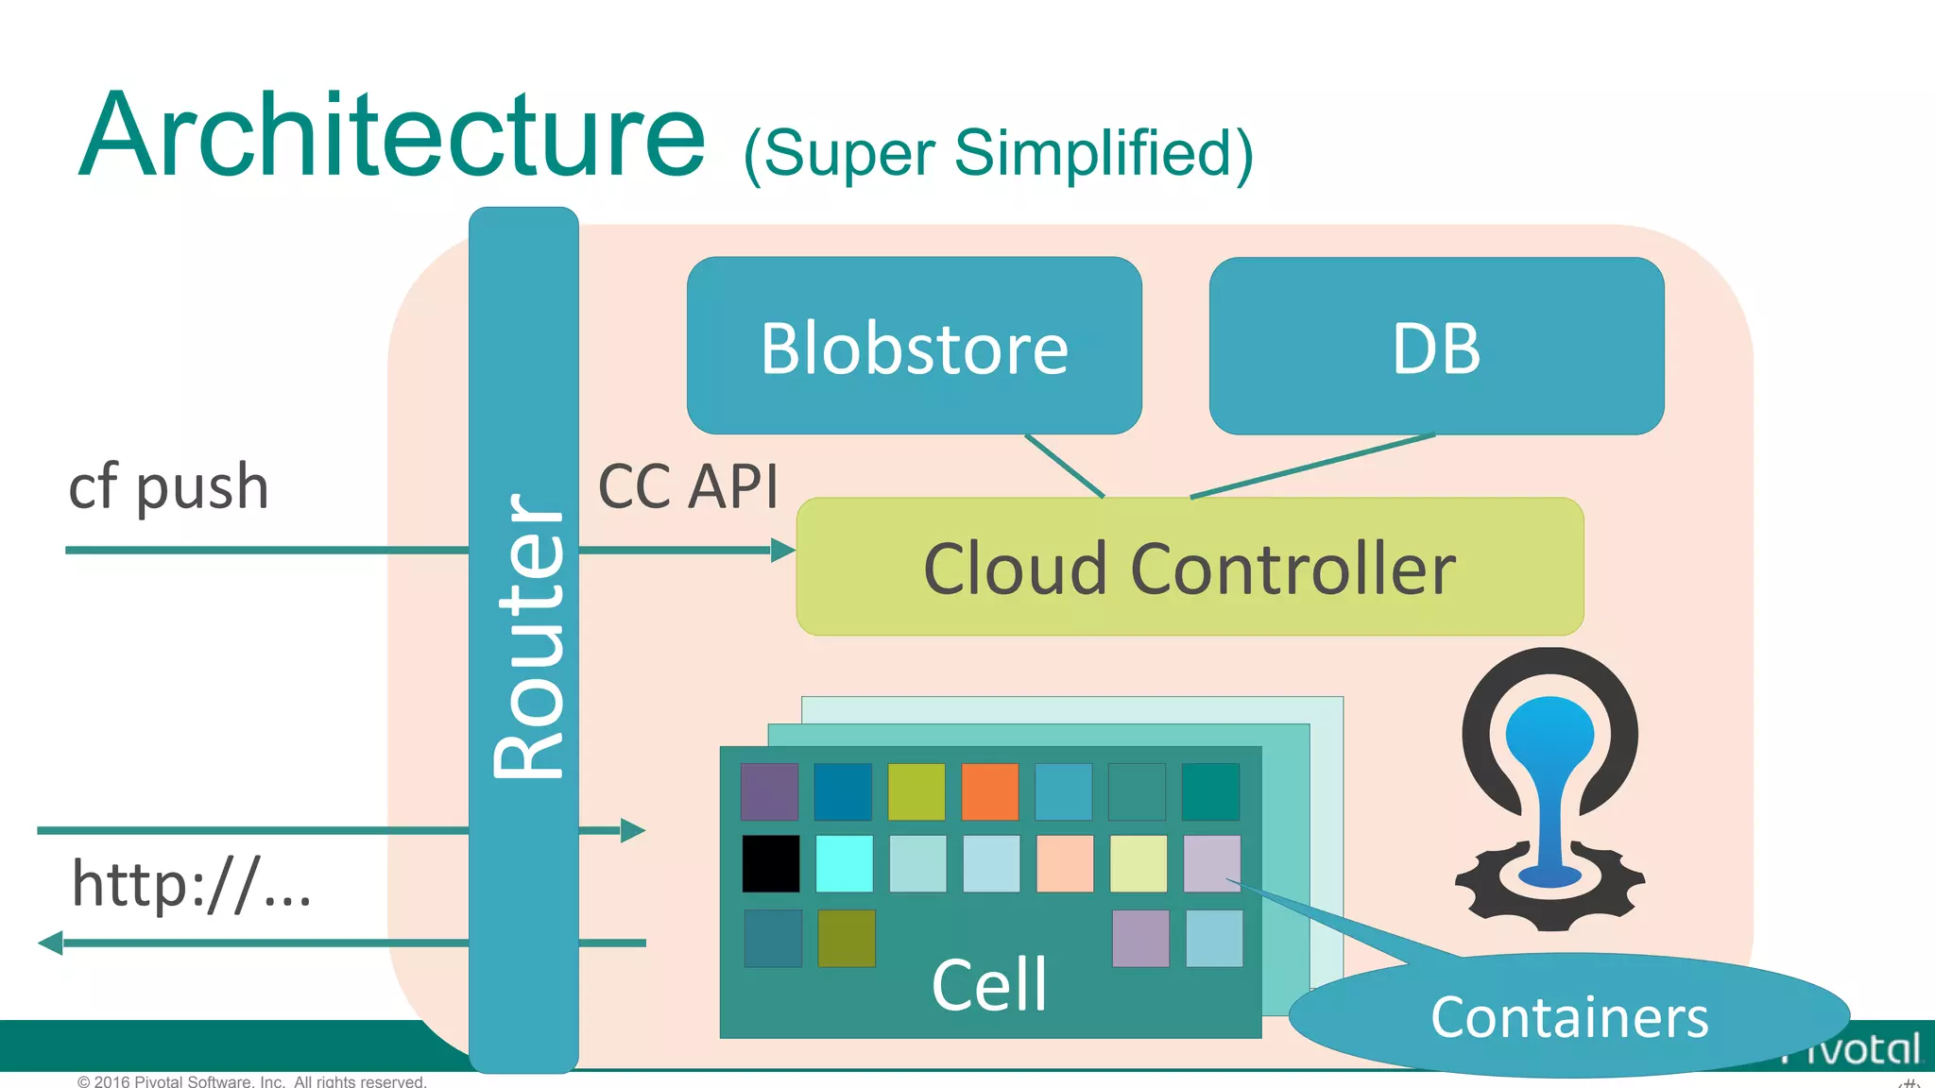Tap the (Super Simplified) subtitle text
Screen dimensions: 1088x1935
[998, 154]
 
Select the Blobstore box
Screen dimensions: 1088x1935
[914, 347]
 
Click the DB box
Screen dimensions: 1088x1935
[1435, 347]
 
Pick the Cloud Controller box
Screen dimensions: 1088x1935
[1189, 568]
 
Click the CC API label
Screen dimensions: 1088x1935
[688, 487]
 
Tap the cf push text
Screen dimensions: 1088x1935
[169, 487]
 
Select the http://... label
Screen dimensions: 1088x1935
[192, 885]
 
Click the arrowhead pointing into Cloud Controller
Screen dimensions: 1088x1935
[783, 550]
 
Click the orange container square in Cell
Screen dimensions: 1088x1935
[989, 791]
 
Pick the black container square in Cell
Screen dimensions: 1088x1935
[770, 863]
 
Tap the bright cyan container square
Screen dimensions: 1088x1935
[844, 863]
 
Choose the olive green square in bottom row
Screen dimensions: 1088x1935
[846, 938]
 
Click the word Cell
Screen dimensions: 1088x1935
[988, 985]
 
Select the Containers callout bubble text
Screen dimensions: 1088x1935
[1568, 1017]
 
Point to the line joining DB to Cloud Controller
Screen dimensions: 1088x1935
[1313, 466]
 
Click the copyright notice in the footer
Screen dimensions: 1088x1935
[252, 1081]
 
